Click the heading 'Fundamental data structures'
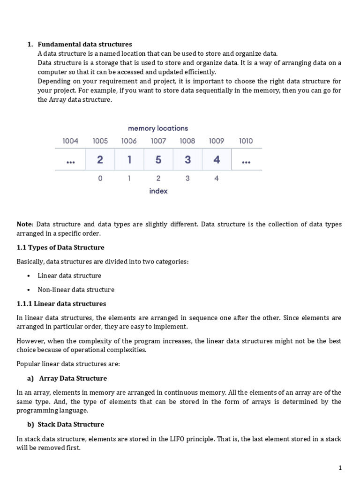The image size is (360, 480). pyautogui.click(x=84, y=45)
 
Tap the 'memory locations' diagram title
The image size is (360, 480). pyautogui.click(x=158, y=128)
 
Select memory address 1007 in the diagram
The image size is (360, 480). pyautogui.click(x=158, y=141)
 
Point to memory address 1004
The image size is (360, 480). pyautogui.click(x=70, y=141)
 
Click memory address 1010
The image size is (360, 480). pyautogui.click(x=246, y=141)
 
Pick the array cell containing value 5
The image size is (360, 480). pyautogui.click(x=158, y=160)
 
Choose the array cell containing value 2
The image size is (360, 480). pyautogui.click(x=100, y=160)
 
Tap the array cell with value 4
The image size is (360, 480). pyautogui.click(x=217, y=160)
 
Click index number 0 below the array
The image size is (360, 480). pyautogui.click(x=100, y=178)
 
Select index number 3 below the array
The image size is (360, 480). pyautogui.click(x=187, y=178)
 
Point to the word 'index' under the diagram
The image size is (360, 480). pyautogui.click(x=158, y=191)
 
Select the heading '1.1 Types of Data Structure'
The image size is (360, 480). pyautogui.click(x=60, y=247)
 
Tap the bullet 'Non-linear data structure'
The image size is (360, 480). pyautogui.click(x=76, y=289)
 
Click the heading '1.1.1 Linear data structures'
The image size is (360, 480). pyautogui.click(x=61, y=303)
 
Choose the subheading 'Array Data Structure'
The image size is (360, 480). pyautogui.click(x=73, y=378)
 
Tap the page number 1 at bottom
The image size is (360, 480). pyautogui.click(x=340, y=467)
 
